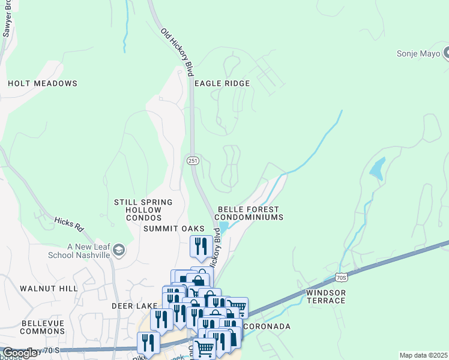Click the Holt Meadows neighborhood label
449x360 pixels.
click(43, 83)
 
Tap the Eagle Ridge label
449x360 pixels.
click(221, 83)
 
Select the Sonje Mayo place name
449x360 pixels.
click(418, 53)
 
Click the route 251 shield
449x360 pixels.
click(193, 160)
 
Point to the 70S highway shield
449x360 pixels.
click(341, 277)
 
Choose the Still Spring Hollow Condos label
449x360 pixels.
click(143, 210)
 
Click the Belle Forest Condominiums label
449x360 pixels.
click(249, 213)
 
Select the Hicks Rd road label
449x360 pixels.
click(68, 224)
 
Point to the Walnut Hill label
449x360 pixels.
click(49, 289)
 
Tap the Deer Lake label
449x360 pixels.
click(134, 305)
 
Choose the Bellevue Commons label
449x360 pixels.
click(43, 327)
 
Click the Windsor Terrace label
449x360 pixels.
click(326, 296)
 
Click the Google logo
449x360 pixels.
click(20, 353)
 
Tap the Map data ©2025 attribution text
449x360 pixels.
click(423, 355)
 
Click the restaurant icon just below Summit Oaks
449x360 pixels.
click(200, 245)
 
